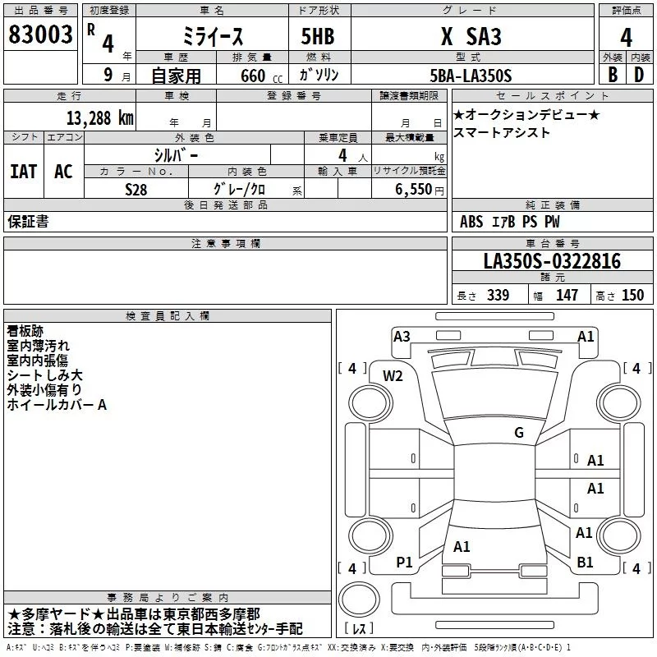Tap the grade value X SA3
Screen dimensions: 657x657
471,37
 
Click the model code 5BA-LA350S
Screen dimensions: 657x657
471,76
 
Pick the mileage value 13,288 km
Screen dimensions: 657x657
100,117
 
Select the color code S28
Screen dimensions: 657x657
136,189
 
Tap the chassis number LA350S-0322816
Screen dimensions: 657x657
552,261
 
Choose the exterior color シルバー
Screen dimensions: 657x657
176,154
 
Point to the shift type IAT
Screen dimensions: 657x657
24,171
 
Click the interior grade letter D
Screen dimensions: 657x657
638,75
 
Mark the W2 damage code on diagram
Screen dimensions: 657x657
393,375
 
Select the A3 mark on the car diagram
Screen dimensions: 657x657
402,336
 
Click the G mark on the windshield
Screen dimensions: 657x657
519,433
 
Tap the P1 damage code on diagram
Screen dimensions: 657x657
403,562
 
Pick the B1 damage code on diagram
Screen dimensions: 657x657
586,562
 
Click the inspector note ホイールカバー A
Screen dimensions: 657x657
57,405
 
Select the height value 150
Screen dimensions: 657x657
633,296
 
